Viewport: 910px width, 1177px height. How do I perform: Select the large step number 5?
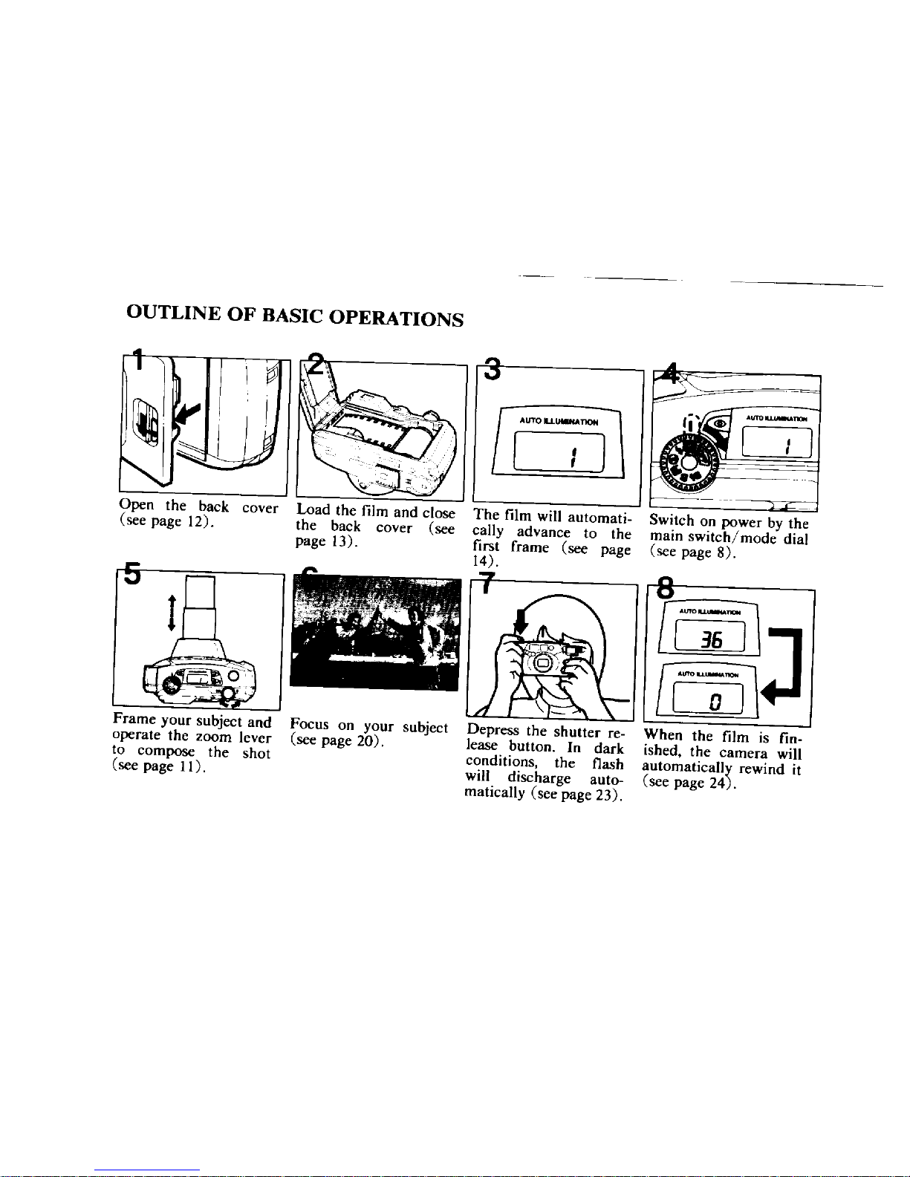point(131,574)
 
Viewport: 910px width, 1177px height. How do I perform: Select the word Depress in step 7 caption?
point(493,731)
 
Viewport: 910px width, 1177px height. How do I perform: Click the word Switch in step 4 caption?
point(670,521)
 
